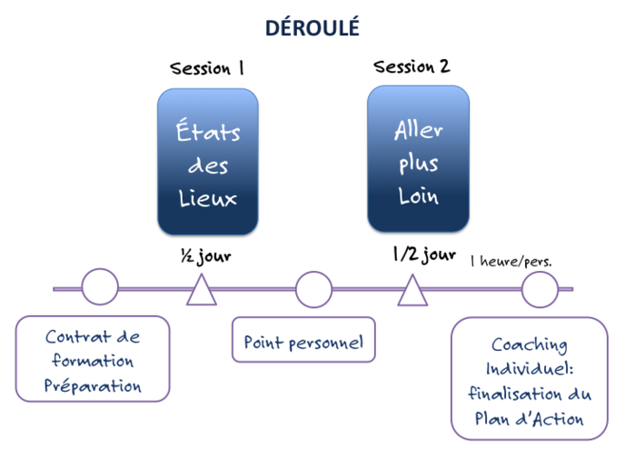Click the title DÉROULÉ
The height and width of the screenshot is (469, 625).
(312, 28)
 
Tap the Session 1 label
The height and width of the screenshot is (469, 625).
(207, 67)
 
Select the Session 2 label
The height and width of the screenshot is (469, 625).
(412, 66)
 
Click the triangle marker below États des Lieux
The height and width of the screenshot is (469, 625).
(203, 290)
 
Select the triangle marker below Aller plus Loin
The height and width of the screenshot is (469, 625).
(412, 291)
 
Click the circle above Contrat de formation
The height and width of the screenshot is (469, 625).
(100, 287)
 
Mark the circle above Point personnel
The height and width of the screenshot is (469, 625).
(313, 289)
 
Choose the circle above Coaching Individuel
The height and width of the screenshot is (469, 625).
(540, 289)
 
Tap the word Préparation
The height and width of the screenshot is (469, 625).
(93, 385)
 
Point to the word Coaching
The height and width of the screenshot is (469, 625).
(530, 345)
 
